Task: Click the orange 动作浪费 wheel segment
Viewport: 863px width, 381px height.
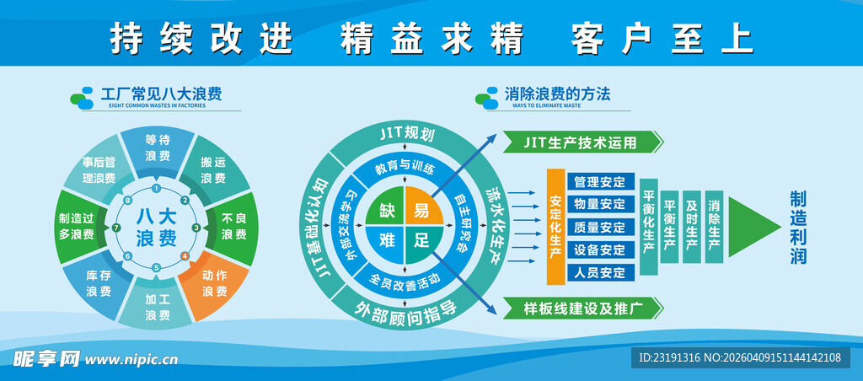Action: tap(213, 283)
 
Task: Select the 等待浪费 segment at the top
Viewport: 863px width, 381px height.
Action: tap(157, 148)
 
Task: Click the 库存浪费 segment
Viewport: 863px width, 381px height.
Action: tap(99, 283)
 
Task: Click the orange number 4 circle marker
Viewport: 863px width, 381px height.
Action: tap(185, 255)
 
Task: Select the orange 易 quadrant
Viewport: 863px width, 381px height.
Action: tap(421, 210)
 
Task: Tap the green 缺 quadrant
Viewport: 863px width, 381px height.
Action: tap(386, 210)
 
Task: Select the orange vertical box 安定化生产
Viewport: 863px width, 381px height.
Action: tap(555, 226)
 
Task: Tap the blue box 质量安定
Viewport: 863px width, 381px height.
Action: tap(599, 227)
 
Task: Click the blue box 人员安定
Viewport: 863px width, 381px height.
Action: tap(599, 272)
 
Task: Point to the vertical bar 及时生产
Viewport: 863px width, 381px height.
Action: tap(692, 221)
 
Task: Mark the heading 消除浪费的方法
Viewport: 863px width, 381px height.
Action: tap(557, 94)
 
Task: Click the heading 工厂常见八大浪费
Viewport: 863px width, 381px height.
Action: tap(161, 94)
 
